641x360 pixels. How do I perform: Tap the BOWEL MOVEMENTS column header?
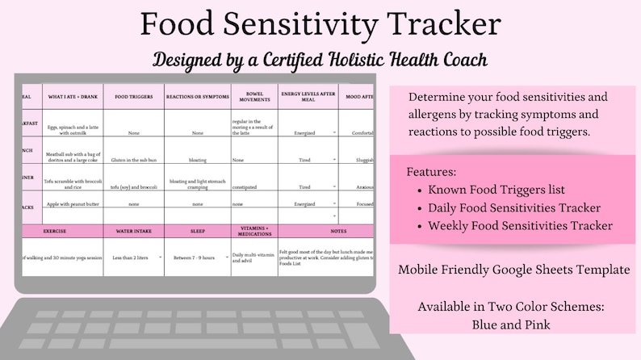(x=253, y=94)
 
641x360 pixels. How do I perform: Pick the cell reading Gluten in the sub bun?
(x=133, y=160)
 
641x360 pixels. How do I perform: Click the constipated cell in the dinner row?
(x=246, y=186)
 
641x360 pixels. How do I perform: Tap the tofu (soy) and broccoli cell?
(x=133, y=186)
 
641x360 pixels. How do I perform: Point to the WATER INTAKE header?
(x=133, y=231)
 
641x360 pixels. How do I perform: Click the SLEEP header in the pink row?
(x=197, y=231)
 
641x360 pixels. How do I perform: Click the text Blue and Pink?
(x=513, y=324)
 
